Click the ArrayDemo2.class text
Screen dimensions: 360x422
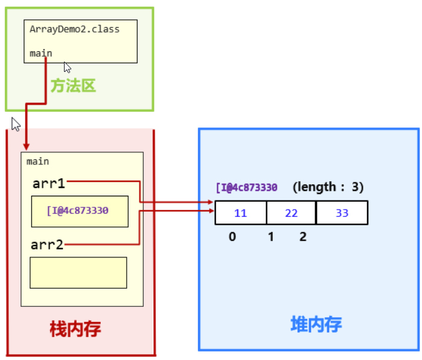(x=75, y=29)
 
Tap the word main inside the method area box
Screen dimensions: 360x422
(x=41, y=53)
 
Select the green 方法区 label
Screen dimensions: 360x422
(x=73, y=86)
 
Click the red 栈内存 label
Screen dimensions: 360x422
(x=75, y=329)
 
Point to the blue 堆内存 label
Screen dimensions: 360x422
(x=316, y=324)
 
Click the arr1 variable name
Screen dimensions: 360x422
(x=49, y=182)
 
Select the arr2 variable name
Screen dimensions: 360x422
(x=48, y=245)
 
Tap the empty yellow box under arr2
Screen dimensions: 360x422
(x=78, y=272)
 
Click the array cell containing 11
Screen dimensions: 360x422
(x=240, y=213)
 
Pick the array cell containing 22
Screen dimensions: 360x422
(x=291, y=213)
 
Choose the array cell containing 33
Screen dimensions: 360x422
(x=342, y=213)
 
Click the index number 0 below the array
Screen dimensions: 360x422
(x=232, y=237)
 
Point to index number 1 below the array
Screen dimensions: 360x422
(x=271, y=237)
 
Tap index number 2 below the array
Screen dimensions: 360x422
(x=303, y=237)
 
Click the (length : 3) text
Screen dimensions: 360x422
(x=328, y=187)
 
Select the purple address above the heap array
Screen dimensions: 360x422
(x=246, y=187)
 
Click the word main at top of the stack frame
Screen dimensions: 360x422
(x=38, y=161)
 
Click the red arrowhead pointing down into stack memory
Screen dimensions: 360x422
(x=25, y=146)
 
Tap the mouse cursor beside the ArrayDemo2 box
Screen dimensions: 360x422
(x=68, y=67)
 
